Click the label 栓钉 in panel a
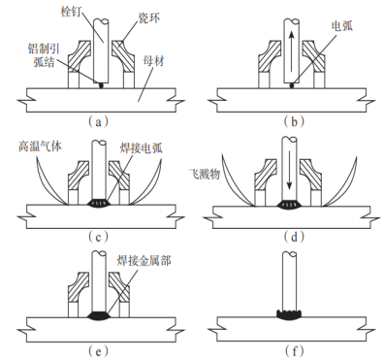[71, 12]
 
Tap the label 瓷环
[149, 17]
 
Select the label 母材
[154, 61]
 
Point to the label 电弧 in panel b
[342, 26]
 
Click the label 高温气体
[40, 147]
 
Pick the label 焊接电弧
[141, 148]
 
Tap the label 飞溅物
[204, 175]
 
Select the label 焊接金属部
[144, 261]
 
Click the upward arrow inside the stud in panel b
[292, 50]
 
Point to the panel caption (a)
[99, 122]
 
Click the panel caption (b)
[294, 122]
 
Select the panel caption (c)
[99, 237]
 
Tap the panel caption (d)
[294, 237]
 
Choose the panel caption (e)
[99, 350]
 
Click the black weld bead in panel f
[289, 314]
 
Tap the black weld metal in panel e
[99, 315]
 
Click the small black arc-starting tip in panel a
[101, 85]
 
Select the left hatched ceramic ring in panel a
[80, 55]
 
